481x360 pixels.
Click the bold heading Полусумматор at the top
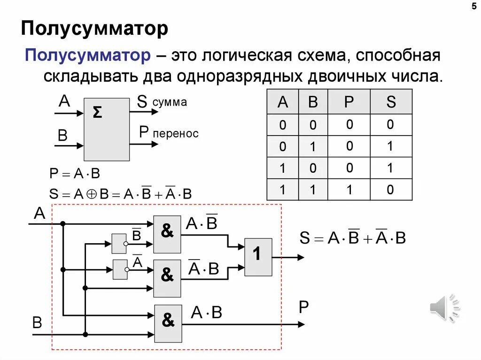(x=94, y=29)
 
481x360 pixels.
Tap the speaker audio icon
(x=444, y=308)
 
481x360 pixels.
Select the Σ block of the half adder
(x=106, y=129)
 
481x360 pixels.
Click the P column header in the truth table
(x=349, y=102)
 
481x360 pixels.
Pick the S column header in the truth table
(x=391, y=102)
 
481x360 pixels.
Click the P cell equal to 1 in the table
(x=349, y=190)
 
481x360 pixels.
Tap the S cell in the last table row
(x=391, y=190)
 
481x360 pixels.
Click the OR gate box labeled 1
(x=258, y=256)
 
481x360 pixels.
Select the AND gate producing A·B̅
(x=167, y=234)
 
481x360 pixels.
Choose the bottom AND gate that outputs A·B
(x=168, y=323)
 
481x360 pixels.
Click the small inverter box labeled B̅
(x=119, y=244)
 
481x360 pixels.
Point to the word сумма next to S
(x=170, y=102)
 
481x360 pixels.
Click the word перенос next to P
(x=175, y=134)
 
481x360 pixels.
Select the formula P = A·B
(x=75, y=174)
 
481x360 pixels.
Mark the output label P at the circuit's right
(x=303, y=308)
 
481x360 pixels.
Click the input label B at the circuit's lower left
(x=37, y=322)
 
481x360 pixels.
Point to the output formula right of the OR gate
(x=352, y=238)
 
